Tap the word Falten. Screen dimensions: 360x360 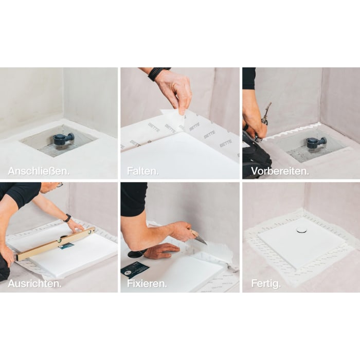(x=142, y=171)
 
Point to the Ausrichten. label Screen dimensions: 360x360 (x=34, y=283)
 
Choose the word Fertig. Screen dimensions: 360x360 (x=265, y=283)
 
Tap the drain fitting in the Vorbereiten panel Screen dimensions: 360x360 (x=315, y=142)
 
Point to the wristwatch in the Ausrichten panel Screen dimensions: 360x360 (x=67, y=218)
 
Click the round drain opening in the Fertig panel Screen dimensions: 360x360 (x=301, y=230)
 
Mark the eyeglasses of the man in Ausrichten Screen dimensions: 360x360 (x=60, y=184)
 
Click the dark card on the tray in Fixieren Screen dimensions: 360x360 (x=135, y=269)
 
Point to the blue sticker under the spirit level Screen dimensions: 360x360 (x=66, y=246)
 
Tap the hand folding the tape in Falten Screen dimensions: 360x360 (x=175, y=90)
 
